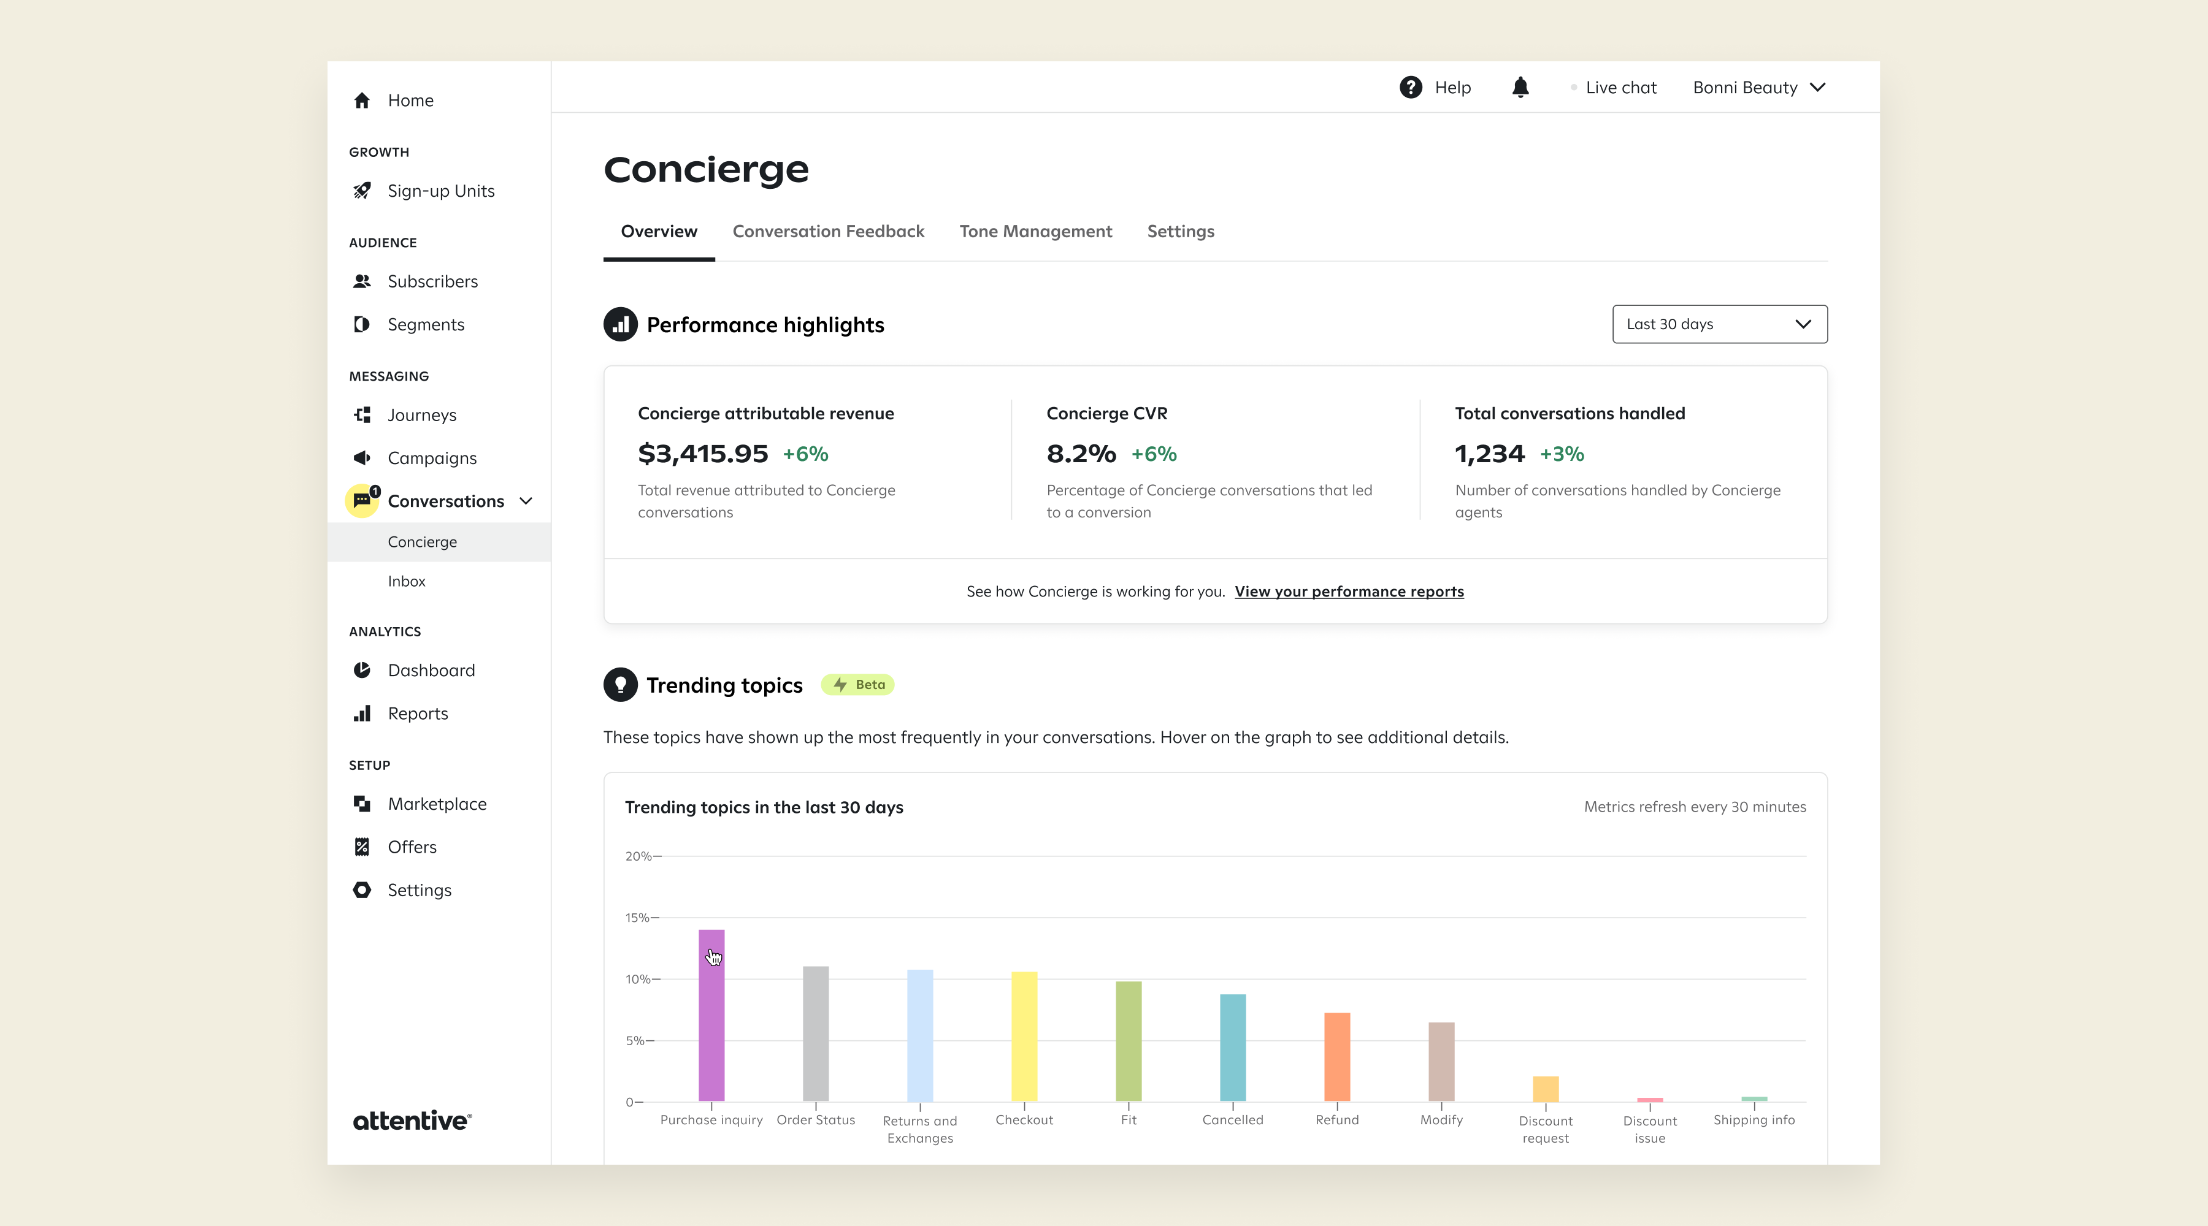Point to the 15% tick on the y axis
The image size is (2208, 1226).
638,918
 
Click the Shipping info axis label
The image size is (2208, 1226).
1753,1120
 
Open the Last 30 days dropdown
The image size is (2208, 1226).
1719,324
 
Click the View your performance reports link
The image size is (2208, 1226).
1348,591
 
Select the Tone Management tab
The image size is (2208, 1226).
1035,231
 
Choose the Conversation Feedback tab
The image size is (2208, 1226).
827,231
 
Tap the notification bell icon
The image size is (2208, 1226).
1520,88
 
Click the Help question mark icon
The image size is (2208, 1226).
1410,88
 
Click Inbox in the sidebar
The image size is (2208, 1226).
406,581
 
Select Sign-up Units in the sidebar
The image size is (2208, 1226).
440,191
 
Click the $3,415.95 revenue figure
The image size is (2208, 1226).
702,453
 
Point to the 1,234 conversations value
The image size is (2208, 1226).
1489,453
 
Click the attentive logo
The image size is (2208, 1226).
412,1121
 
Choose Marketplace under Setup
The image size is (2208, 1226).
436,804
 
